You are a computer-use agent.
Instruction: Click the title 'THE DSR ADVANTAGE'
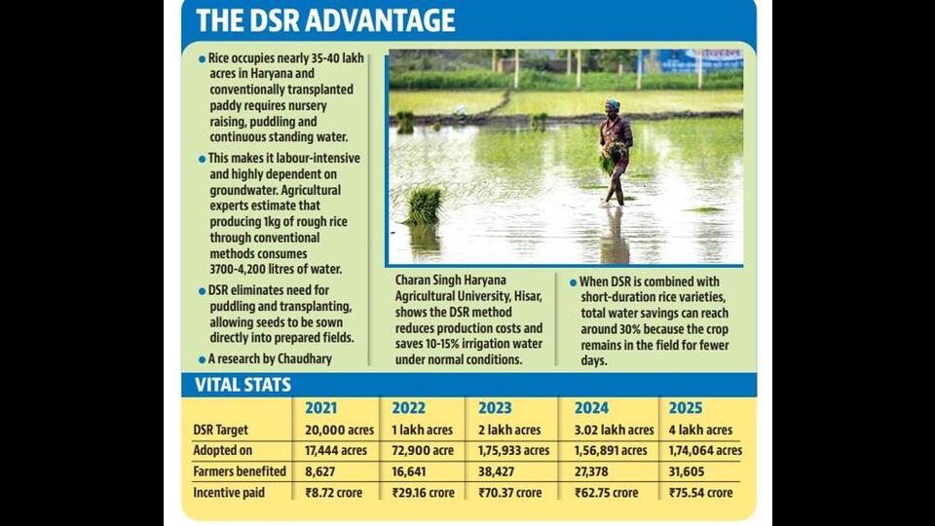coord(325,20)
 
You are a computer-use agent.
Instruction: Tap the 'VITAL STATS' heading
coord(243,386)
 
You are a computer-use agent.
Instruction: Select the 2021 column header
coord(320,408)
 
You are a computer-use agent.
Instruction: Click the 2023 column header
coord(495,408)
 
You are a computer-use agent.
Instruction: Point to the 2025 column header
coord(685,408)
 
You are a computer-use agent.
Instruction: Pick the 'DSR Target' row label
coord(221,430)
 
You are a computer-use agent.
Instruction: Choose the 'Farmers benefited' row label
coord(240,471)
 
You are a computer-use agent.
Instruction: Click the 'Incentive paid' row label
coord(228,493)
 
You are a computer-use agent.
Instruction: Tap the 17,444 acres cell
coord(336,451)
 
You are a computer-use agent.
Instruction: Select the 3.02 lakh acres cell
coord(614,430)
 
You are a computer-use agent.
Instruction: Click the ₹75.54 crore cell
coord(700,493)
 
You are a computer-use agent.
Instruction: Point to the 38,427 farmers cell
coord(496,471)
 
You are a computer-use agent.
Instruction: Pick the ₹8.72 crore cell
coord(334,493)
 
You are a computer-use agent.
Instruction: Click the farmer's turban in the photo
coord(612,105)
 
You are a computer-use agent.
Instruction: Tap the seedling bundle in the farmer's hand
coord(612,156)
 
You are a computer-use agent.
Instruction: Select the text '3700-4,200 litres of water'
coord(276,270)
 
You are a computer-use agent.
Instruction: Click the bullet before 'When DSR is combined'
coord(573,282)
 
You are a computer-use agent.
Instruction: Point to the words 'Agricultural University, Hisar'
coord(468,296)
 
